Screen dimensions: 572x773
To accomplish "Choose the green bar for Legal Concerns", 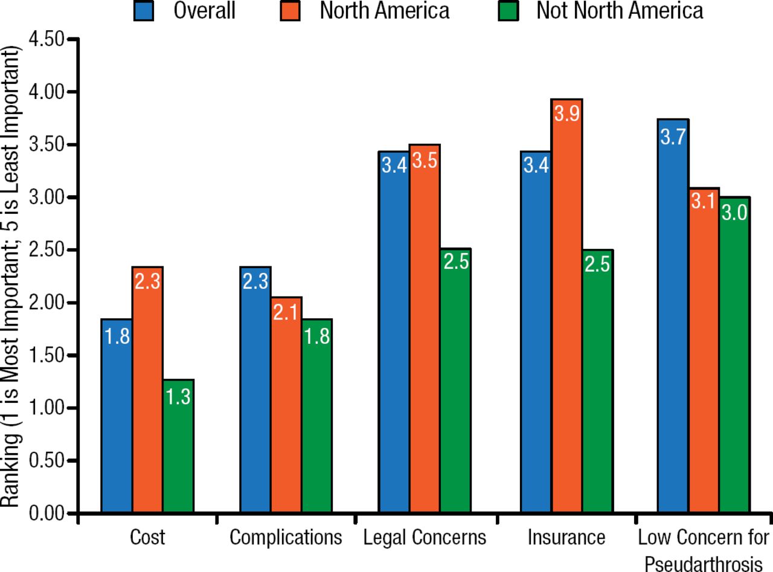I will coord(455,381).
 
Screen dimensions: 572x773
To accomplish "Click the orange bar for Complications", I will coord(286,405).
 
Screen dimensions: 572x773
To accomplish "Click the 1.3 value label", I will coord(178,397).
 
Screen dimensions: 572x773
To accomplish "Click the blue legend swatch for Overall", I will coord(144,11).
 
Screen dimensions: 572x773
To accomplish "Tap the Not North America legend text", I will coord(620,11).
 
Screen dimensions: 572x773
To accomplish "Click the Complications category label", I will coord(286,537).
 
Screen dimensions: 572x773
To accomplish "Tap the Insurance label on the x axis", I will coord(566,537).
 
